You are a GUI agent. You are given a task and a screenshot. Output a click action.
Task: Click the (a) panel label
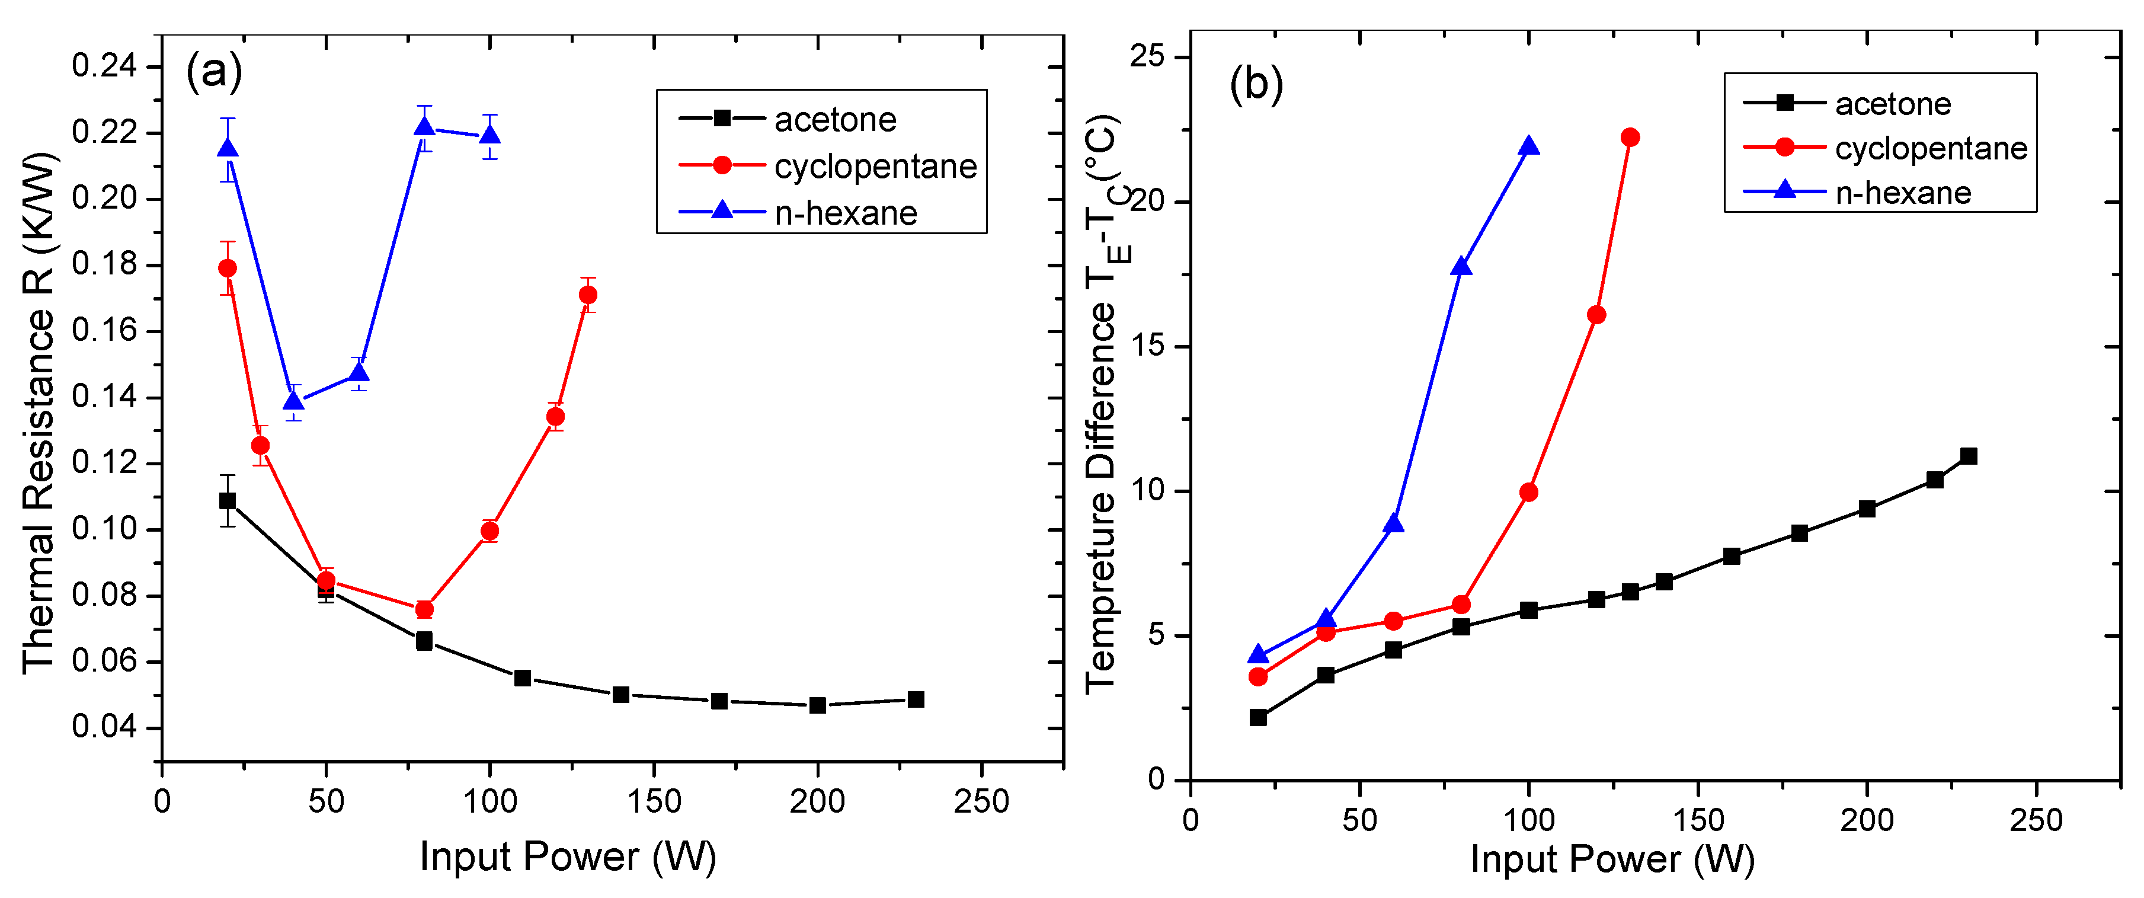pyautogui.click(x=214, y=72)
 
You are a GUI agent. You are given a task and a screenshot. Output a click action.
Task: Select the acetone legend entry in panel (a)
pyautogui.click(x=835, y=120)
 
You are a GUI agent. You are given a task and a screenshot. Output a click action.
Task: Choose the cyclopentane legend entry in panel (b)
pyautogui.click(x=1931, y=149)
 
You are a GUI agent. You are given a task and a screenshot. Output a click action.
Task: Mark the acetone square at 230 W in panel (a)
pyautogui.click(x=916, y=699)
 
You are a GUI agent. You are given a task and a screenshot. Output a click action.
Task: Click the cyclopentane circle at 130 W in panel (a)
pyautogui.click(x=588, y=295)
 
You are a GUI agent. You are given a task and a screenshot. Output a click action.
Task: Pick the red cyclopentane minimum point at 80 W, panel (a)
pyautogui.click(x=424, y=609)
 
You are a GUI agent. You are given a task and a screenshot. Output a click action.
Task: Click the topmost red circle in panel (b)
pyautogui.click(x=1630, y=138)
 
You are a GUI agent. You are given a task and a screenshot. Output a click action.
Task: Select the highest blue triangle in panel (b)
pyautogui.click(x=1529, y=146)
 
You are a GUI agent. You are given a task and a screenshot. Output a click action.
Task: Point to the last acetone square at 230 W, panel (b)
pyautogui.click(x=1969, y=456)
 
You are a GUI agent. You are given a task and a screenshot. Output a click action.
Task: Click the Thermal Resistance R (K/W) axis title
pyautogui.click(x=39, y=414)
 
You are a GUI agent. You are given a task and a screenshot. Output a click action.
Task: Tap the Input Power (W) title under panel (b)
pyautogui.click(x=1612, y=859)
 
